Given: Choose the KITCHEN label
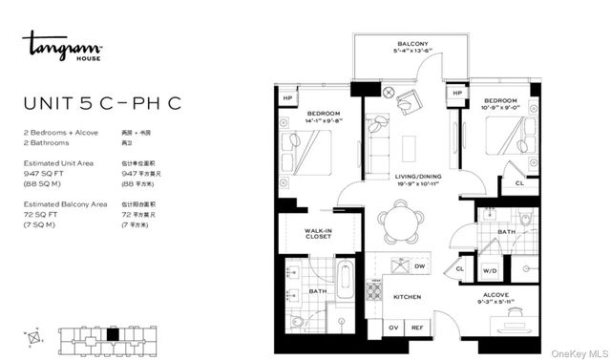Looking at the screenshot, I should [407, 297].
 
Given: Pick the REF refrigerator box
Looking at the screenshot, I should [417, 328].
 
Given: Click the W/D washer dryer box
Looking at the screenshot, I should [490, 270].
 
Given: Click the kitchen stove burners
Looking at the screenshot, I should [375, 288].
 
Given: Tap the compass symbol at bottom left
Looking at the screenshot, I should [35, 337].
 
